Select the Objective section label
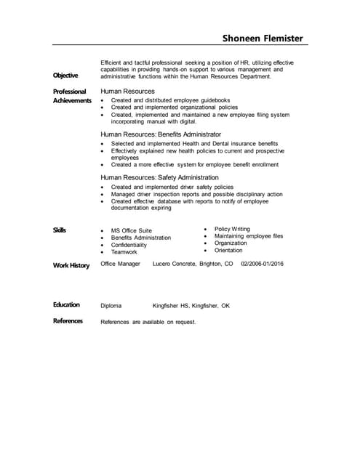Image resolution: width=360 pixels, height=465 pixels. [x=65, y=76]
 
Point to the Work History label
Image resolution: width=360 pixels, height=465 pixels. [x=71, y=265]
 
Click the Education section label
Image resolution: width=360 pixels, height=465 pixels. [x=66, y=304]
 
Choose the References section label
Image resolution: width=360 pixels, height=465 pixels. [x=68, y=320]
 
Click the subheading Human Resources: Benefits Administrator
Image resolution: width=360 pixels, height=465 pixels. [x=161, y=134]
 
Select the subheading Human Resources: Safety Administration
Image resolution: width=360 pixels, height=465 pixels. [x=159, y=177]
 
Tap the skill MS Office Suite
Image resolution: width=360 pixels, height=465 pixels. [x=132, y=230]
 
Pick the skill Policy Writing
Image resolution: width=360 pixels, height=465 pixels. [x=232, y=229]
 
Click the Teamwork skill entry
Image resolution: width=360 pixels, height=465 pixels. [x=124, y=252]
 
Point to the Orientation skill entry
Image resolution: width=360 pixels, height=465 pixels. [x=228, y=250]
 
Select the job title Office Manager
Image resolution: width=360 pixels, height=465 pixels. [x=120, y=264]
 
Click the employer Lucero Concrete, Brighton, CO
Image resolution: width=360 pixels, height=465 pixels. [x=193, y=264]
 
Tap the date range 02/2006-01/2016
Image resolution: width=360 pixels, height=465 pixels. [x=262, y=264]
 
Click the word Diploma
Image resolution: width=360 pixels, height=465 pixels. [x=111, y=306]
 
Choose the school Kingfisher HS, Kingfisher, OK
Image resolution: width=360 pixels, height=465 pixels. [x=191, y=306]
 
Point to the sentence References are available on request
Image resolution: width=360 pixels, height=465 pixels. [x=148, y=322]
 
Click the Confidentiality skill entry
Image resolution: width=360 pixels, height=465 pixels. [x=129, y=245]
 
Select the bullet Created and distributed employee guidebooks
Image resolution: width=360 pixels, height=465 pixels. [x=170, y=100]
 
